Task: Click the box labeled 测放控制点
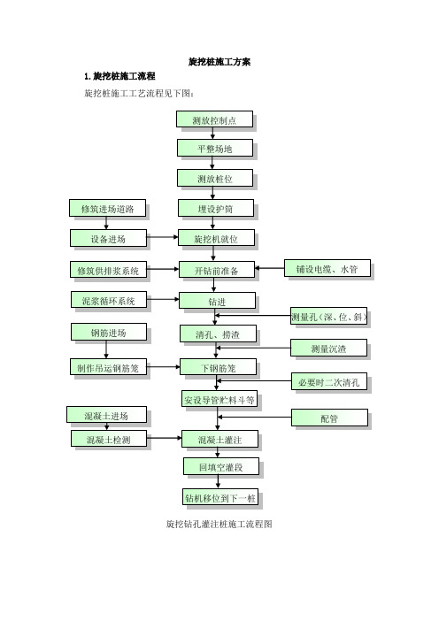tap(214, 119)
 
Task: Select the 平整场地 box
tap(215, 148)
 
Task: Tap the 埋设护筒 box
tap(216, 208)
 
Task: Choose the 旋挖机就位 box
tap(216, 238)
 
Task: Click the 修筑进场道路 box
tap(107, 208)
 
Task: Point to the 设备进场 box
tap(108, 238)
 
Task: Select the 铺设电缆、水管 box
tap(327, 268)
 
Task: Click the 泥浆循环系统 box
tap(109, 300)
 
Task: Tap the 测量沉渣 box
tap(328, 348)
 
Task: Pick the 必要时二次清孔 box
tap(329, 381)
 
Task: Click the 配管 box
tap(329, 418)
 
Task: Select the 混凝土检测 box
tap(109, 439)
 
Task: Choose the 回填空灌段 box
tap(221, 466)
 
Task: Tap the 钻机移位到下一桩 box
tap(220, 497)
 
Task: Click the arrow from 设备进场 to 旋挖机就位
tap(163, 237)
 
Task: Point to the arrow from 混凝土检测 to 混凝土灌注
tap(164, 438)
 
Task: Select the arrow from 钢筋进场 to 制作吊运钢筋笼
tap(106, 349)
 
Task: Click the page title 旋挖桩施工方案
tap(219, 62)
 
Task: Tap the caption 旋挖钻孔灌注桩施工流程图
tap(219, 524)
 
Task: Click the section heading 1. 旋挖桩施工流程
tap(119, 76)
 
